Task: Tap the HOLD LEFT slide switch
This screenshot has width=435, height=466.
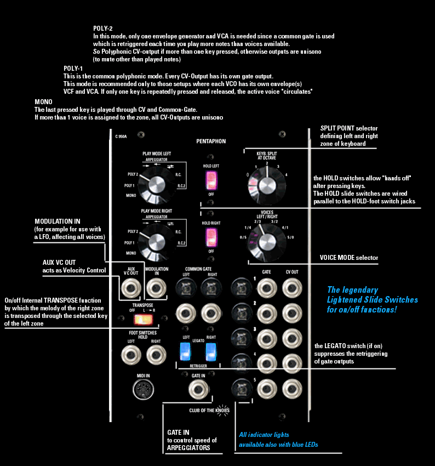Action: tap(210, 179)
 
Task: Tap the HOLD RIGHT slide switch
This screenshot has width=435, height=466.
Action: tap(210, 238)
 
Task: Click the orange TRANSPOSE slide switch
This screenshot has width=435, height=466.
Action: tap(145, 319)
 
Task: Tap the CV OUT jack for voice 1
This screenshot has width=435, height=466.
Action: tap(292, 287)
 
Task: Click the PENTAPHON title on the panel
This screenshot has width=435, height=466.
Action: tap(211, 141)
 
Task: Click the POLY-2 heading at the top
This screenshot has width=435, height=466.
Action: tap(103, 27)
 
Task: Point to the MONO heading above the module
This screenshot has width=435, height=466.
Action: tap(43, 102)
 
